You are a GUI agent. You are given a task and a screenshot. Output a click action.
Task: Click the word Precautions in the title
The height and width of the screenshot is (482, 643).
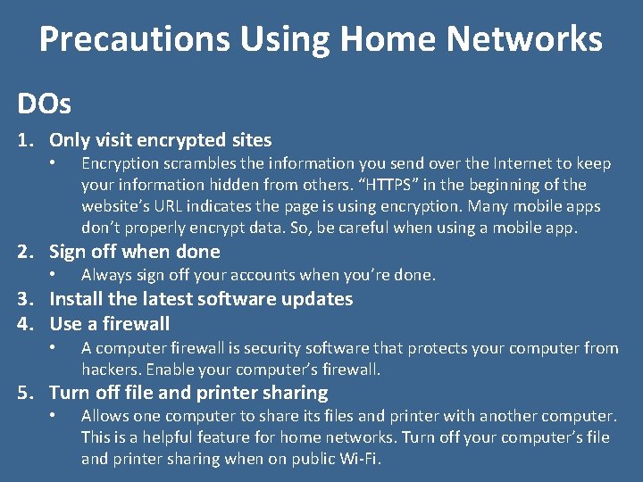click(122, 39)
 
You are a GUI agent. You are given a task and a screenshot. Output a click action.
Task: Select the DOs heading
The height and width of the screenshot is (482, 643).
click(43, 104)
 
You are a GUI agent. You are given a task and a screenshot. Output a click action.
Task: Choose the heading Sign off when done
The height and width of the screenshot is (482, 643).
click(134, 252)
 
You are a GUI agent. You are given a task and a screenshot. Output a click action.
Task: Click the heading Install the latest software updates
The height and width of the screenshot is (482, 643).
click(201, 299)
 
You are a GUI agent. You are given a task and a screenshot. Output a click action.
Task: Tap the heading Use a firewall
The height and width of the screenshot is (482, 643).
click(109, 324)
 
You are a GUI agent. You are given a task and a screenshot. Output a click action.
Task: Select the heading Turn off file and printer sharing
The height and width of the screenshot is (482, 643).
click(188, 393)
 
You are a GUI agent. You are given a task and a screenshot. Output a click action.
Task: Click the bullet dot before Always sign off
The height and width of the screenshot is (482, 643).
click(54, 275)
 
